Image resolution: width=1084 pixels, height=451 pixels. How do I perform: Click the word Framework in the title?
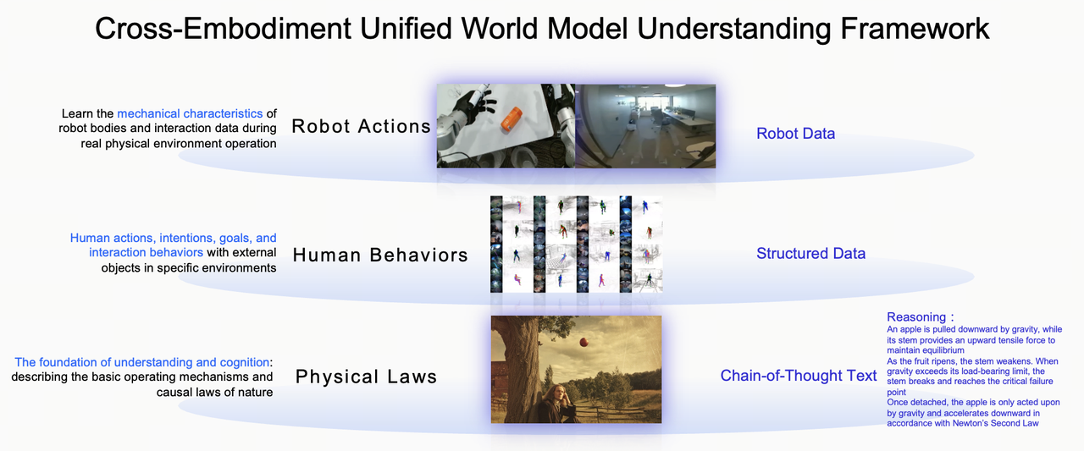pyautogui.click(x=915, y=29)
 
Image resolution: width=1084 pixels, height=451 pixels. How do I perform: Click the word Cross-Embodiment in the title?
pyautogui.click(x=223, y=29)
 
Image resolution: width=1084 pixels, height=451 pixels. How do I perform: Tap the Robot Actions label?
pyautogui.click(x=361, y=126)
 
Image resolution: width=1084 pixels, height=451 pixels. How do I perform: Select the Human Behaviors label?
pyautogui.click(x=380, y=255)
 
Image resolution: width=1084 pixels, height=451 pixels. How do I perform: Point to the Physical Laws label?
pyautogui.click(x=367, y=377)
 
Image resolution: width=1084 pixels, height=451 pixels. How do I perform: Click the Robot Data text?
pyautogui.click(x=795, y=134)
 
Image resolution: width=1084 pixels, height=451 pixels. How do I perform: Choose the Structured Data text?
pyautogui.click(x=810, y=253)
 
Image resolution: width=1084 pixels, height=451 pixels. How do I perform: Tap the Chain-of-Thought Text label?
pyautogui.click(x=799, y=375)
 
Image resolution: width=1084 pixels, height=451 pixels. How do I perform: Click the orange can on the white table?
pyautogui.click(x=511, y=119)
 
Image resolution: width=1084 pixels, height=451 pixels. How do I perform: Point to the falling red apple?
pyautogui.click(x=584, y=342)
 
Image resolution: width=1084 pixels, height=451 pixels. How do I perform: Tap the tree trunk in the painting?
pyautogui.click(x=517, y=367)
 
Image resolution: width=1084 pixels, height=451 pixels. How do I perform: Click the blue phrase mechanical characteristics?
pyautogui.click(x=190, y=113)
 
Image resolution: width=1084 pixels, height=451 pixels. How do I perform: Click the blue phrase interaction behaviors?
pyautogui.click(x=146, y=252)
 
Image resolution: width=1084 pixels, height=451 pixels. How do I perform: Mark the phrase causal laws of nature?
pyautogui.click(x=214, y=392)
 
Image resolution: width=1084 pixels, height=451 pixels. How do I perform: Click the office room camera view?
pyautogui.click(x=645, y=126)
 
